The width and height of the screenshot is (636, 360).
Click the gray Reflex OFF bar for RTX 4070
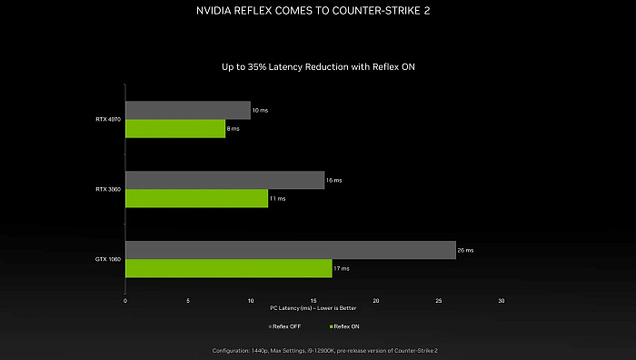click(187, 110)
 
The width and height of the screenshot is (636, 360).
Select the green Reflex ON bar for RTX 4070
click(174, 129)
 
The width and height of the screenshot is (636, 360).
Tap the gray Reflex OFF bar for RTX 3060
click(224, 180)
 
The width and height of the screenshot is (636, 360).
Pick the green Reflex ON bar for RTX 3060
click(196, 198)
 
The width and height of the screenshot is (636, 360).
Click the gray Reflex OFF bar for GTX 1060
click(290, 250)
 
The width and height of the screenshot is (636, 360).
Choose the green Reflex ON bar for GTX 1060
click(228, 268)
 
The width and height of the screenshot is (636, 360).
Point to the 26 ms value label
click(465, 250)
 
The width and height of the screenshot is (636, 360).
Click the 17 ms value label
click(341, 268)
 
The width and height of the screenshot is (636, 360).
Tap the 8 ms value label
click(234, 129)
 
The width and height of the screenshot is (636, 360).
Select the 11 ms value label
click(277, 198)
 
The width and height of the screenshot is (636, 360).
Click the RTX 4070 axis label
click(107, 119)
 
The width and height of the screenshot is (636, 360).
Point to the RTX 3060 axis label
click(107, 189)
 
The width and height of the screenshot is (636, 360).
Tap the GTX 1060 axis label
click(107, 259)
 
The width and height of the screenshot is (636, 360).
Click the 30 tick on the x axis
click(502, 300)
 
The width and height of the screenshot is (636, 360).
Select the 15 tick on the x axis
click(313, 300)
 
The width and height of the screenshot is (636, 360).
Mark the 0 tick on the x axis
click(125, 300)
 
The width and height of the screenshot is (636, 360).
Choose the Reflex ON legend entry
click(345, 325)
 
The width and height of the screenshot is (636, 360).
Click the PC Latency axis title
click(313, 307)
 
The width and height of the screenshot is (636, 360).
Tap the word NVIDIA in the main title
click(215, 13)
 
